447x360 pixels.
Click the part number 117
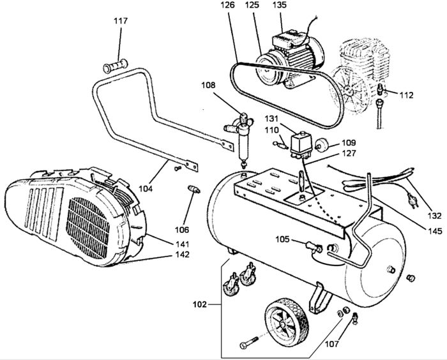tap(121, 21)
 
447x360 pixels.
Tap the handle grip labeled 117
tap(115, 66)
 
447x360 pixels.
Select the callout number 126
tap(227, 5)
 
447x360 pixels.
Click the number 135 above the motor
tap(280, 5)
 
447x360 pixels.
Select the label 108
tap(208, 85)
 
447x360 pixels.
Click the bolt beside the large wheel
tap(249, 342)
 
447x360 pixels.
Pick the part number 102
tap(199, 304)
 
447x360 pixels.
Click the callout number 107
tap(333, 344)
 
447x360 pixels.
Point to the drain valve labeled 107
tap(354, 318)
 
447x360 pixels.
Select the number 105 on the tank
tap(282, 239)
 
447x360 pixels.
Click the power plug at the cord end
tap(412, 200)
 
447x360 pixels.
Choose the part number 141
tap(182, 244)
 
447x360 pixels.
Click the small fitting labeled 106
tap(194, 189)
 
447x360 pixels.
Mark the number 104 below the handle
tap(146, 188)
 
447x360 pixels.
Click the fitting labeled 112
tap(381, 89)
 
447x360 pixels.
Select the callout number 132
tap(434, 216)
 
